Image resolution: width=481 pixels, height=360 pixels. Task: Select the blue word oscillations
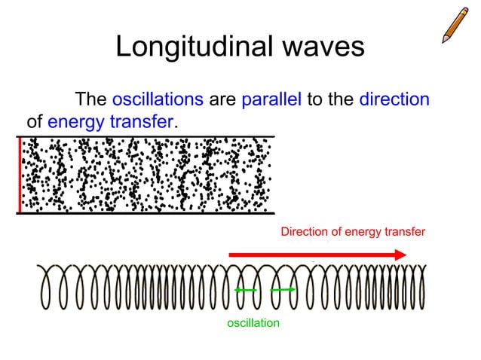tap(158, 99)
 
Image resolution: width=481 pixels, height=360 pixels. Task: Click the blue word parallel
tap(271, 99)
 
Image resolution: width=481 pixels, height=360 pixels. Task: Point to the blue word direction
tap(394, 99)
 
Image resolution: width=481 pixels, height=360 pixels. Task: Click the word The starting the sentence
tap(90, 99)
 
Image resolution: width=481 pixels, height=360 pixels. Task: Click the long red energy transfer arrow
tap(317, 255)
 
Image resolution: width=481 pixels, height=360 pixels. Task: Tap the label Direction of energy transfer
tap(353, 232)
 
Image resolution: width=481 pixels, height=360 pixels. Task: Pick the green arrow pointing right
tap(282, 290)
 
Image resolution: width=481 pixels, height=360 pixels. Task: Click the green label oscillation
tap(253, 322)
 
